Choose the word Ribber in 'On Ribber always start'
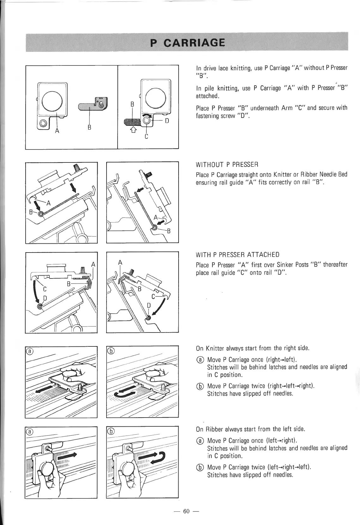point(215,429)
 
